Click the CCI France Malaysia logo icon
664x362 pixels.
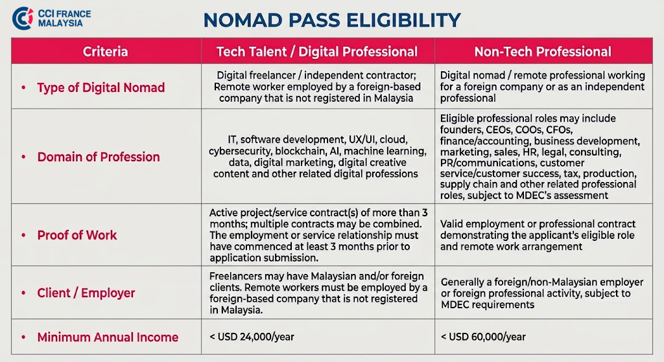tap(23, 18)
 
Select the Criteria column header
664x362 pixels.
tap(106, 52)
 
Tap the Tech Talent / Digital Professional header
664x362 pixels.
tap(317, 52)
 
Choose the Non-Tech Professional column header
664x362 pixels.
tap(543, 52)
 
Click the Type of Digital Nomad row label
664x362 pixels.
tap(101, 87)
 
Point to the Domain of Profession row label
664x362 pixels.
tap(99, 157)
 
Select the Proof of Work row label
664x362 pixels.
tap(77, 235)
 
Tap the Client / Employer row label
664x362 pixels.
tap(86, 293)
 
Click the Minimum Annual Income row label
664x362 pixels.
tap(108, 337)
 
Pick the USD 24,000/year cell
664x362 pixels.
tap(252, 337)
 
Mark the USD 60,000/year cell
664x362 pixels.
tap(483, 337)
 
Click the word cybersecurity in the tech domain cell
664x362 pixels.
tap(240, 152)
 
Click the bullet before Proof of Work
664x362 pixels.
tap(24, 235)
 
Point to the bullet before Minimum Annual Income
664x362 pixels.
tap(24, 337)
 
